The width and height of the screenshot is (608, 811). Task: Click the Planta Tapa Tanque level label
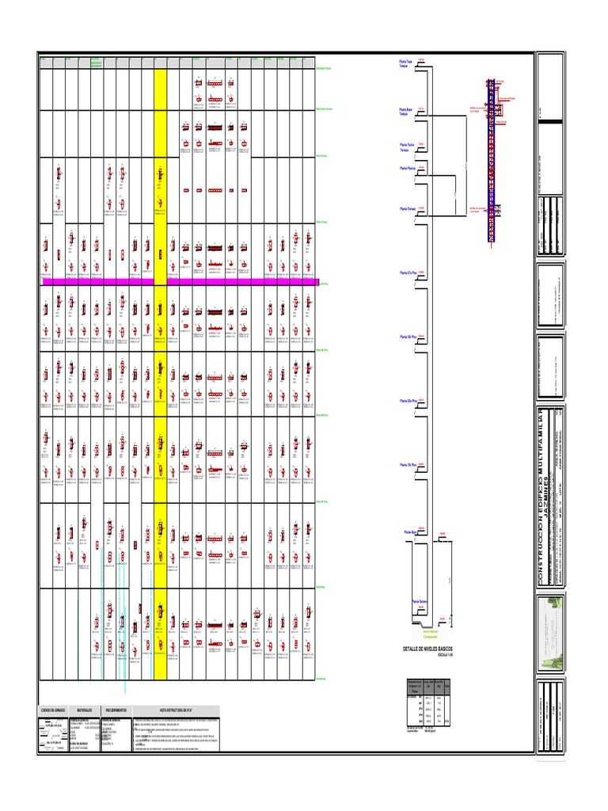406,64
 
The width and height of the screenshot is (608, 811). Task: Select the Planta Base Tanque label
406,112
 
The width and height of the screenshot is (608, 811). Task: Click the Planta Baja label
410,533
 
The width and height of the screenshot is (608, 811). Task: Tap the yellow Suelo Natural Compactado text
430,634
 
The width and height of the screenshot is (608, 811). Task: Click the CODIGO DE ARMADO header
53,710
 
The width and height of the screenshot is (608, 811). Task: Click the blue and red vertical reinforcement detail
491,158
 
